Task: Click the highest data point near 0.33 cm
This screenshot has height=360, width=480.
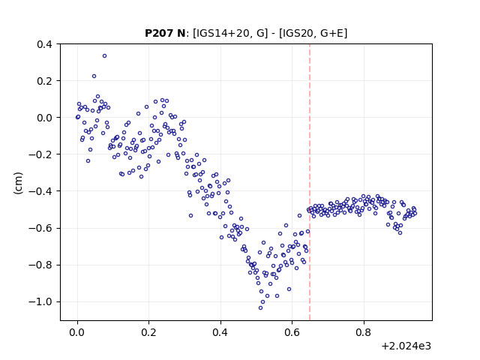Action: coord(104,56)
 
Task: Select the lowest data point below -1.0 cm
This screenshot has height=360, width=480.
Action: coord(260,308)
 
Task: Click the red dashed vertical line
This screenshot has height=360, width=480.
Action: coord(310,182)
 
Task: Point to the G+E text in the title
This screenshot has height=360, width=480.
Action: coord(332,33)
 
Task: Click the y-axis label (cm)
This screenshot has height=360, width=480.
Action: coord(18,183)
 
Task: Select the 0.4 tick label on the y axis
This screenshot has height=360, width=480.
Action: coord(44,44)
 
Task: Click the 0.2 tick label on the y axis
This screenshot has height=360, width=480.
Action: coord(44,81)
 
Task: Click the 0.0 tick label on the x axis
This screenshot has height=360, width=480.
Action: coord(77,332)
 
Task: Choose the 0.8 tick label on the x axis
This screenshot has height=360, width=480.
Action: coord(364,332)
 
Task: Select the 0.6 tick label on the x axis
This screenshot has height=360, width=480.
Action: coord(292,332)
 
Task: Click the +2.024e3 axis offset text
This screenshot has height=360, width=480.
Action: coord(406,346)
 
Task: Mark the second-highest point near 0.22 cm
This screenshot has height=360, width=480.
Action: coord(94,76)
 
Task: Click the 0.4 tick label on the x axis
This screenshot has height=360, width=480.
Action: coord(220,332)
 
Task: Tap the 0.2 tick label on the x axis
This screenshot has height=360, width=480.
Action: coord(148,332)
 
